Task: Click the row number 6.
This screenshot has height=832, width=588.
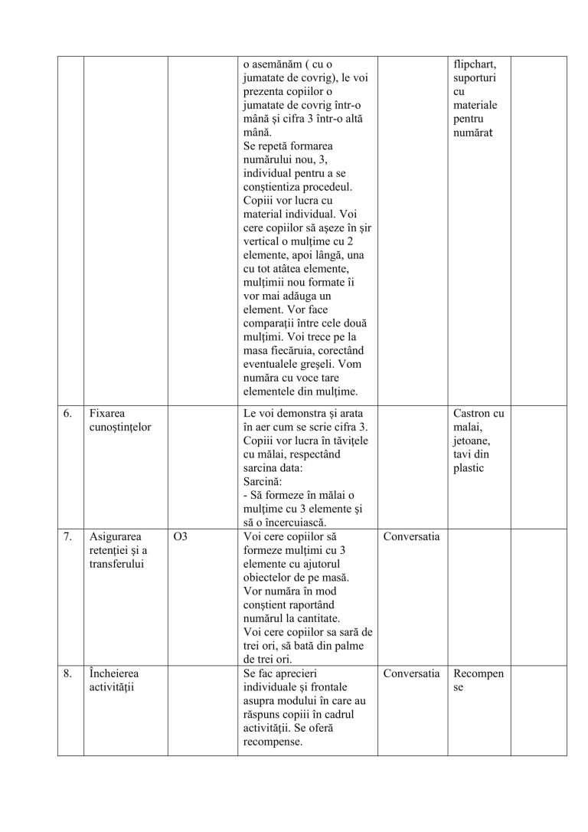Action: point(67,413)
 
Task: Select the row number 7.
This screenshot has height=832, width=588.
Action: point(67,537)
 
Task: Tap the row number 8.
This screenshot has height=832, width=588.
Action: point(67,674)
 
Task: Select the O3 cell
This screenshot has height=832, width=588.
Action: point(181,537)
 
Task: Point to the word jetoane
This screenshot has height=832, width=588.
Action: point(473,441)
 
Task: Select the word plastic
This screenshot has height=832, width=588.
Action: point(469,468)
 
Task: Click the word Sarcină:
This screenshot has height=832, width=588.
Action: point(263,482)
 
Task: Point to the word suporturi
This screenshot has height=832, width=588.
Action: point(476,79)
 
